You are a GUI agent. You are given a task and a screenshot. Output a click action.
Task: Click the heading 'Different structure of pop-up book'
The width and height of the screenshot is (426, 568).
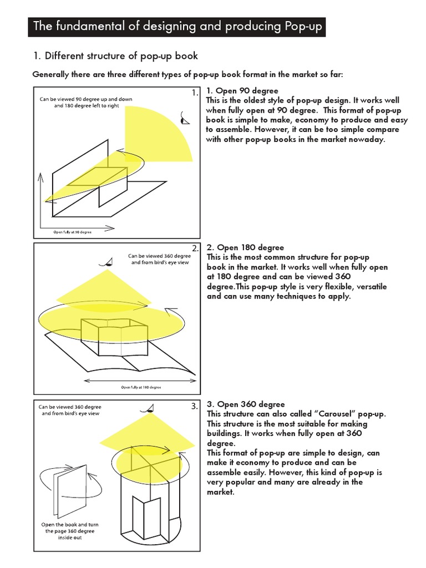114,56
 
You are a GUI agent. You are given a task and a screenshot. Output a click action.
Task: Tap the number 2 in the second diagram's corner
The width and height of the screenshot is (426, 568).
194,248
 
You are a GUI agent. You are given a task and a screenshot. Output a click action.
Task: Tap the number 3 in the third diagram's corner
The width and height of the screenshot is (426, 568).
194,406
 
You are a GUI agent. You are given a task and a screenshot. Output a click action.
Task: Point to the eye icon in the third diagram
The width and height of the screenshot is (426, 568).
147,409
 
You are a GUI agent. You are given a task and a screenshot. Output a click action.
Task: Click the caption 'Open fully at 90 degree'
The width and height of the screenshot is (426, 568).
73,231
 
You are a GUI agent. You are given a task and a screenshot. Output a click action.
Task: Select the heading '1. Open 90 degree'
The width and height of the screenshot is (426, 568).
242,90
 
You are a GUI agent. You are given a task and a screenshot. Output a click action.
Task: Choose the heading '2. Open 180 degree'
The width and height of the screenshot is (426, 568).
245,247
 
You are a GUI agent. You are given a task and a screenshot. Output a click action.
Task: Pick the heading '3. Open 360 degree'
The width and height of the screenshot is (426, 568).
245,404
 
